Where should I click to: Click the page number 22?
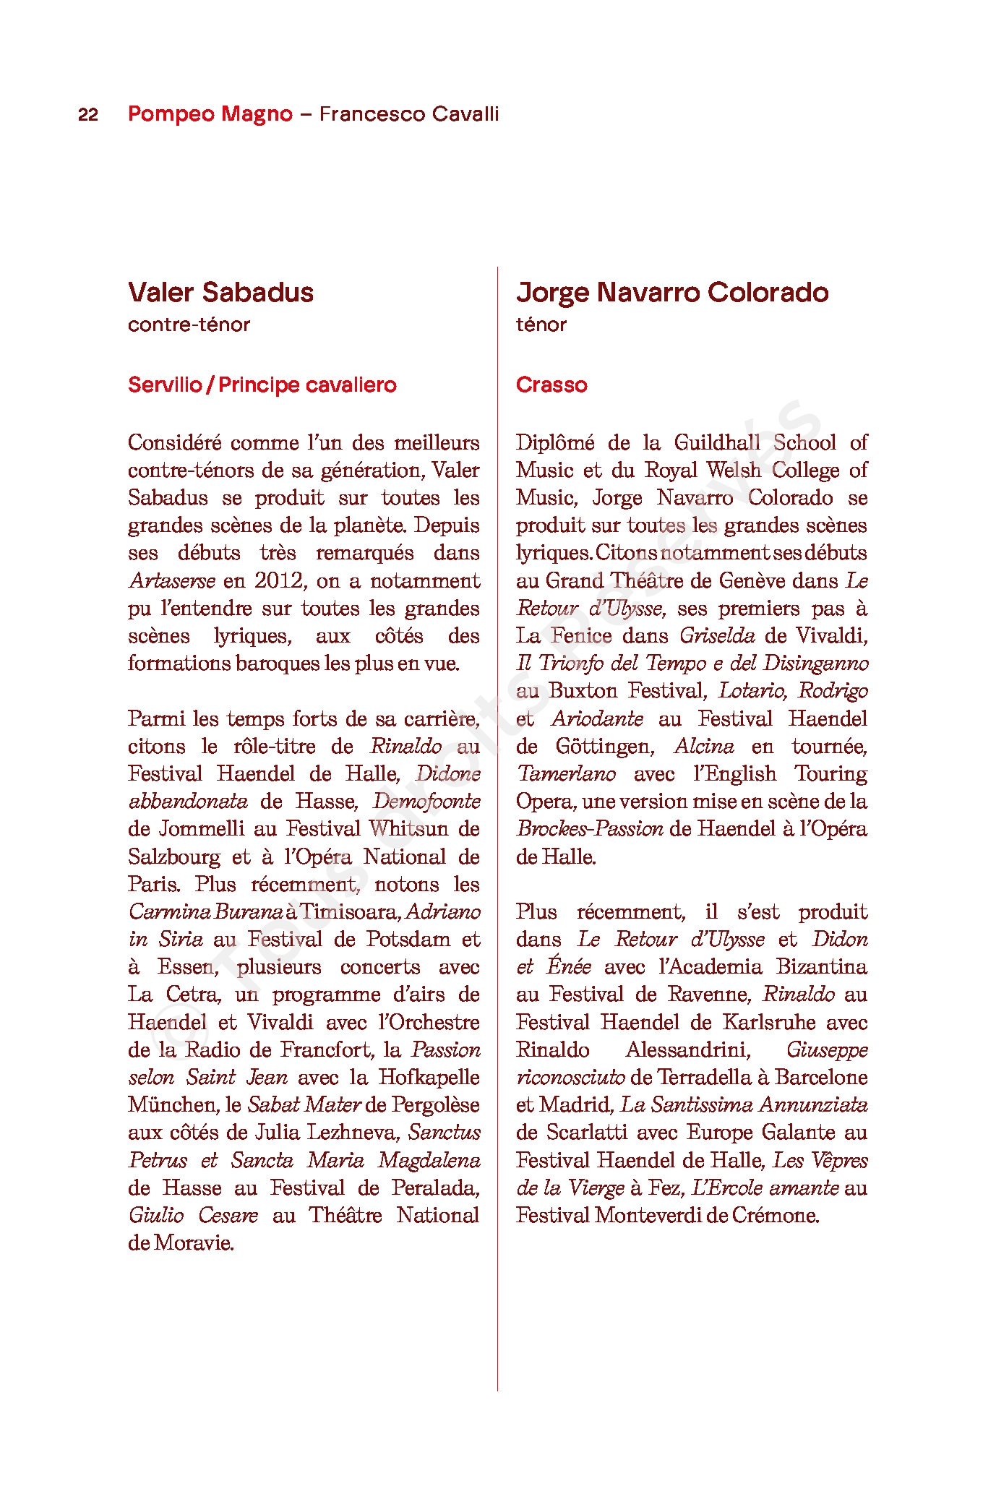click(88, 114)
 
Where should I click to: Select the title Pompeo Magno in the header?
click(210, 114)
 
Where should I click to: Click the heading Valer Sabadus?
click(220, 293)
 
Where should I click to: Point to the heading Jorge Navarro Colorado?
click(672, 293)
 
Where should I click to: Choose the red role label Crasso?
click(551, 385)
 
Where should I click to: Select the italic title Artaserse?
click(172, 581)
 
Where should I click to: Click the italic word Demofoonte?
click(426, 802)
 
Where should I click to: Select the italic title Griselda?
click(717, 636)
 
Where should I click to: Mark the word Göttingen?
click(605, 747)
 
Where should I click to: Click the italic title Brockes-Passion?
click(590, 829)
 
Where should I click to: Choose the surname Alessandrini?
click(688, 1049)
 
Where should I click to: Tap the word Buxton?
click(584, 691)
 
